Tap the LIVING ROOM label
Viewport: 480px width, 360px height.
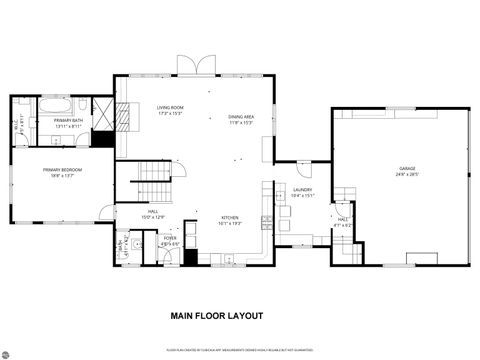pyautogui.click(x=169, y=107)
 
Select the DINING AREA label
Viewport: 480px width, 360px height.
pyautogui.click(x=241, y=117)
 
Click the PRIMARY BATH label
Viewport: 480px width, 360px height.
pyautogui.click(x=54, y=119)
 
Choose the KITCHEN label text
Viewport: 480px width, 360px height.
pyautogui.click(x=229, y=220)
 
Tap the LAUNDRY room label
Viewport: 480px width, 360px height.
pyautogui.click(x=303, y=189)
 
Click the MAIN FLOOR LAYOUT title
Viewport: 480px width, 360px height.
pyautogui.click(x=216, y=315)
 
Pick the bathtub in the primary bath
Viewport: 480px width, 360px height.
pyautogui.click(x=55, y=104)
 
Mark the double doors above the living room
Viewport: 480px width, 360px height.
pyautogui.click(x=195, y=65)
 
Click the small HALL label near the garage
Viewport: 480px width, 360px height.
pyautogui.click(x=343, y=219)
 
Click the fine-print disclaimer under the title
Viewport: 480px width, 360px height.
pyautogui.click(x=240, y=350)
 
